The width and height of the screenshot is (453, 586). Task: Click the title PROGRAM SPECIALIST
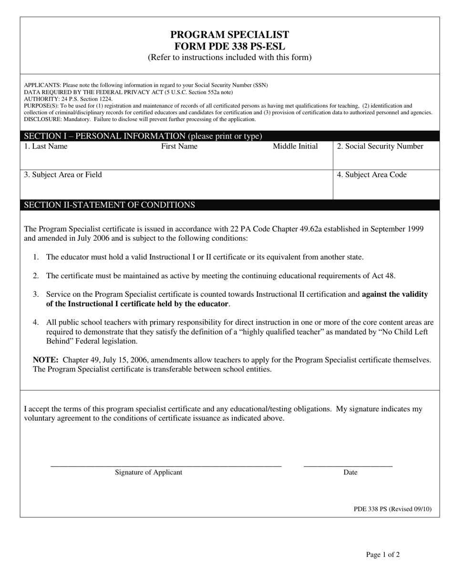click(x=229, y=35)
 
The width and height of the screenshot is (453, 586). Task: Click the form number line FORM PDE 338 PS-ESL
click(x=229, y=46)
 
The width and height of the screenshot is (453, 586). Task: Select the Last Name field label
click(x=46, y=146)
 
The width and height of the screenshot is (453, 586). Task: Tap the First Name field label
click(x=179, y=146)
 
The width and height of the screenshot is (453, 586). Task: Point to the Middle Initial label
click(x=295, y=146)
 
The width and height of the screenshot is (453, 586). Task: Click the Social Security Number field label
click(x=380, y=146)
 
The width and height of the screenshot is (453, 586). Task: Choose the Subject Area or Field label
click(x=63, y=175)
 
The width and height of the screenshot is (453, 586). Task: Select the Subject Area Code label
click(x=371, y=175)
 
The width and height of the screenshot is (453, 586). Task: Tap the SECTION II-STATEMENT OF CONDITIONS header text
click(x=109, y=205)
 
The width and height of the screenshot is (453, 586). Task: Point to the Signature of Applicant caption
click(x=148, y=473)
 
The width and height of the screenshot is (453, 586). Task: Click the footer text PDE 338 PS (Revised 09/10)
click(x=392, y=509)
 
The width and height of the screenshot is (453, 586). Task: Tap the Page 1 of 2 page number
click(x=383, y=555)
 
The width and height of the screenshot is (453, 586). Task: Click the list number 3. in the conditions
click(x=36, y=294)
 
